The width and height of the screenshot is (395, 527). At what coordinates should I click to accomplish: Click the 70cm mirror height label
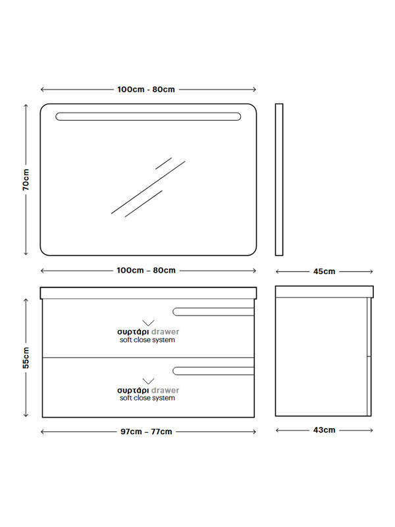click(x=26, y=180)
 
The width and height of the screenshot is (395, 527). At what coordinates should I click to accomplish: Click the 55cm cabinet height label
click(x=26, y=358)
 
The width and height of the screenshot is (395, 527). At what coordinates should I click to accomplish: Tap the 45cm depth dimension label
click(x=324, y=271)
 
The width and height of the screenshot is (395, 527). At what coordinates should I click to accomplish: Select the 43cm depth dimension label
click(x=324, y=430)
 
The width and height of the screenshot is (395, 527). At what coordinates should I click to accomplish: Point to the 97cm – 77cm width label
click(x=146, y=431)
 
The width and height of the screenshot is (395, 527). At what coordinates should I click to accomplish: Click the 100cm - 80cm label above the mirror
click(x=146, y=90)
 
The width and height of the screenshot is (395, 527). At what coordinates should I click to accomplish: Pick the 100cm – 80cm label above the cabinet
click(x=146, y=270)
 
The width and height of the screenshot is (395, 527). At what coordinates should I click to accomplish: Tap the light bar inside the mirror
click(x=148, y=117)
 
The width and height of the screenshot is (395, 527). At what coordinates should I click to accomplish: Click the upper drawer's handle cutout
click(x=213, y=312)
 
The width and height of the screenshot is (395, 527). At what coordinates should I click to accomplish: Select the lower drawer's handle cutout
click(x=213, y=371)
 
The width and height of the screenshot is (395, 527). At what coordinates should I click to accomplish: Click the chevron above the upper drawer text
click(x=148, y=323)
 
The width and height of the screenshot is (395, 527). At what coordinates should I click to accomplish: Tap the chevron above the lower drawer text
click(x=148, y=381)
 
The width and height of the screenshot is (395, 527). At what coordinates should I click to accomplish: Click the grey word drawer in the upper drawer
click(x=165, y=332)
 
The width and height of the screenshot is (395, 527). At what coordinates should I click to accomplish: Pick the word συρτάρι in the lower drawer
click(x=133, y=391)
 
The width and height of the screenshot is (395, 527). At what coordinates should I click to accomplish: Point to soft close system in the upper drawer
click(x=147, y=340)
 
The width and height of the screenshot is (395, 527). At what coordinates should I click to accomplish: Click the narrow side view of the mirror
click(x=279, y=179)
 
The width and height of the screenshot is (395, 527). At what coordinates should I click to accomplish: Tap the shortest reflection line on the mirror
click(x=163, y=163)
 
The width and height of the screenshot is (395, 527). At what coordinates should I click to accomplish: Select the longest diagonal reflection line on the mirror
click(x=148, y=187)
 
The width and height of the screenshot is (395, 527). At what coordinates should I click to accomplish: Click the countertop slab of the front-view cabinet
click(x=148, y=292)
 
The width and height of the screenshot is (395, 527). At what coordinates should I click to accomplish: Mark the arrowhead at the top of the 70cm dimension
click(x=26, y=105)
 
